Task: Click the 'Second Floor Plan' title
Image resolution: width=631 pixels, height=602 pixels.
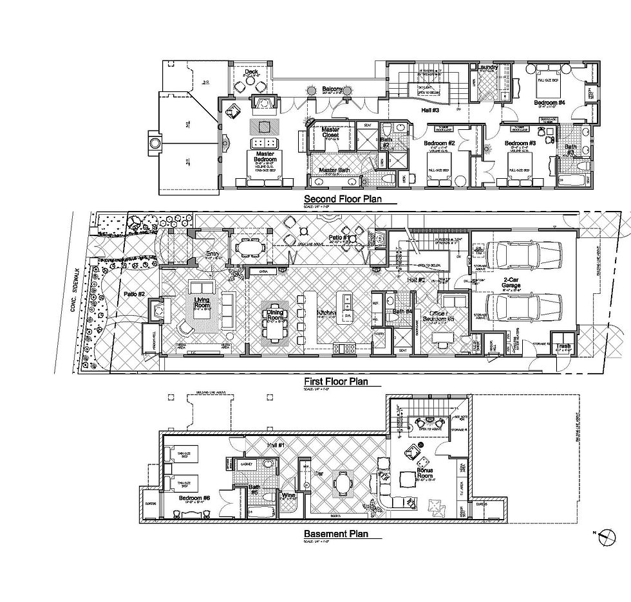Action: coord(343,199)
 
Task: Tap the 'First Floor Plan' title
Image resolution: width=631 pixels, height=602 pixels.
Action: coord(335,381)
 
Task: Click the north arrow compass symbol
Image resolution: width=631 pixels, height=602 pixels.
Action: coord(605,533)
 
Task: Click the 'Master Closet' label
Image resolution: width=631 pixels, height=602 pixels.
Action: coord(334,132)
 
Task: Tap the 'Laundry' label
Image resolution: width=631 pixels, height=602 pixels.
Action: coord(486,66)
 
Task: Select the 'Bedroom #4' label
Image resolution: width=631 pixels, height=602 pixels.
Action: coord(549,102)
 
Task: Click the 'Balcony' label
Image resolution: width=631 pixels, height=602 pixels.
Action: coord(332,89)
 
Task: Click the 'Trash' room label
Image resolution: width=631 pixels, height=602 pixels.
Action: coord(563,346)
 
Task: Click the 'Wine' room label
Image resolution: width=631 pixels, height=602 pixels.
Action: coord(288,495)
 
